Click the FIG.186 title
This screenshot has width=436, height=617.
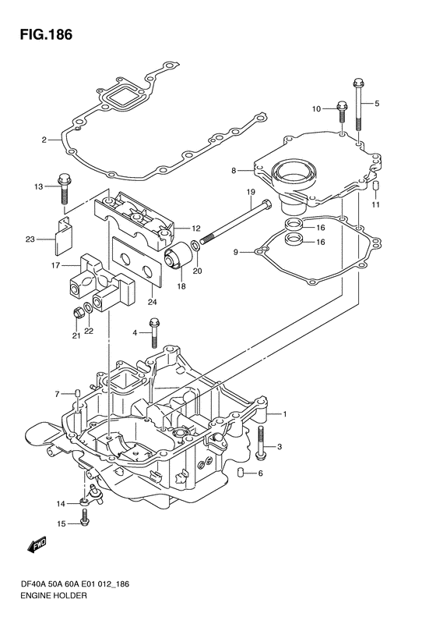(x=47, y=34)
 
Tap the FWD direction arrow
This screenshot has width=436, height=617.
(x=37, y=544)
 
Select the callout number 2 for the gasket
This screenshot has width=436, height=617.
(x=44, y=140)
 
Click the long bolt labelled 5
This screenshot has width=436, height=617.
(x=359, y=105)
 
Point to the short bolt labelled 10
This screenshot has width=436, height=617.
(x=342, y=112)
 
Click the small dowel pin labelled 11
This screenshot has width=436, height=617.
(x=375, y=186)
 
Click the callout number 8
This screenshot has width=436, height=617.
(x=234, y=171)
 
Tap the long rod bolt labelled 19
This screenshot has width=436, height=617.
(x=235, y=222)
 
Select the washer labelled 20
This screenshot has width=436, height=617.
(x=195, y=246)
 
